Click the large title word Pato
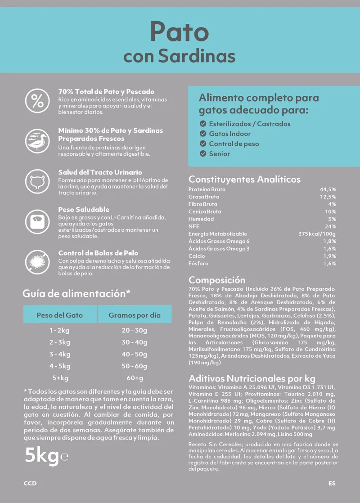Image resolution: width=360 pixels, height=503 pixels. pos(180,32)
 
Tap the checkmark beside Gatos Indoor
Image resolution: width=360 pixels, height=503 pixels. pos(203,134)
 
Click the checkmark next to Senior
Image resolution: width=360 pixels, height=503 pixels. pos(203,154)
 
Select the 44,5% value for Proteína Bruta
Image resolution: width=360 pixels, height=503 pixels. pos(328,189)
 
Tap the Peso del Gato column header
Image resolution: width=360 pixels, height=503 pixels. pos(60,315)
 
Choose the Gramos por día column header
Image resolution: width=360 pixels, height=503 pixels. pos(135,315)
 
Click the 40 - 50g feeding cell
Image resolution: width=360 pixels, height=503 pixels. pos(135,355)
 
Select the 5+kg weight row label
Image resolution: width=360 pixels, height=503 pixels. pos(60,378)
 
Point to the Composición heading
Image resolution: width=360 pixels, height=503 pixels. pos(217,280)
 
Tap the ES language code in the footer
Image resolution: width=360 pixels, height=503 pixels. pos(332,484)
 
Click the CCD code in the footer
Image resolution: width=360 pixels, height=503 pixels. pos(30,484)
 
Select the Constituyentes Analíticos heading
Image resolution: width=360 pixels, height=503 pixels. pos(244,179)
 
